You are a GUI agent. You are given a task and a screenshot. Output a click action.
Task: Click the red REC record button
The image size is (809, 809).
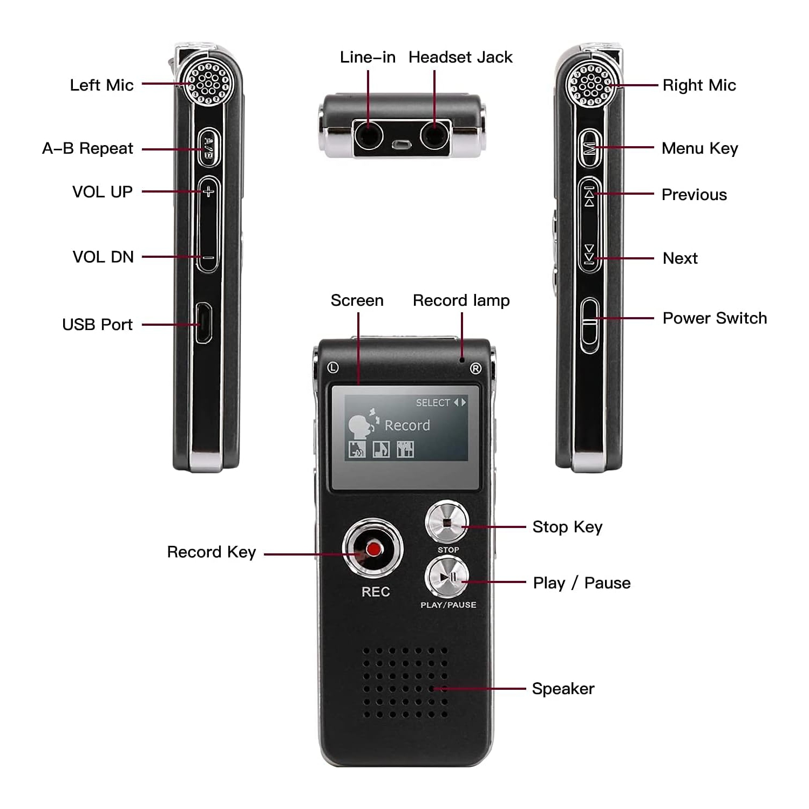point(373,549)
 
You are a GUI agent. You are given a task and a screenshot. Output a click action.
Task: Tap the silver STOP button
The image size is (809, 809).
point(447,522)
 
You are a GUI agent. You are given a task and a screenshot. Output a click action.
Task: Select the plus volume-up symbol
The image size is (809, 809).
point(209,191)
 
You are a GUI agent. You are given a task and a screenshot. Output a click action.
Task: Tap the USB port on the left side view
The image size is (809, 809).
point(203,323)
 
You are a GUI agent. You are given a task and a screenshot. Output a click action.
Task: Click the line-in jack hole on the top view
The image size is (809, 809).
point(368,135)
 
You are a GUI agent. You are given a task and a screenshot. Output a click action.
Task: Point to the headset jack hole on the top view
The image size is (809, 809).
point(434,135)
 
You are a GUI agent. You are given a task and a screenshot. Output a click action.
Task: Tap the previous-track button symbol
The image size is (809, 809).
point(589,195)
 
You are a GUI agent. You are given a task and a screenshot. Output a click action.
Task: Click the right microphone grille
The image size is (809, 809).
point(591,84)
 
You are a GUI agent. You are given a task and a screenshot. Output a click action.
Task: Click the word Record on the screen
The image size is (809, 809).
point(407,426)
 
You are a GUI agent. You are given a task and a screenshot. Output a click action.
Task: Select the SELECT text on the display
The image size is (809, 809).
point(433,403)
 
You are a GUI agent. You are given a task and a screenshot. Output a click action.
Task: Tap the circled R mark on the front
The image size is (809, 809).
point(475,369)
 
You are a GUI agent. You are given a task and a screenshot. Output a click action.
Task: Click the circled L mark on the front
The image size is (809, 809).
point(333,368)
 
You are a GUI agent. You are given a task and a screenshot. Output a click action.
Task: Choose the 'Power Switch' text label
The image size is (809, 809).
point(714,318)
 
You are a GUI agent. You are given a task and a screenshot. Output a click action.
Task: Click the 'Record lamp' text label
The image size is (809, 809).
point(461,300)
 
